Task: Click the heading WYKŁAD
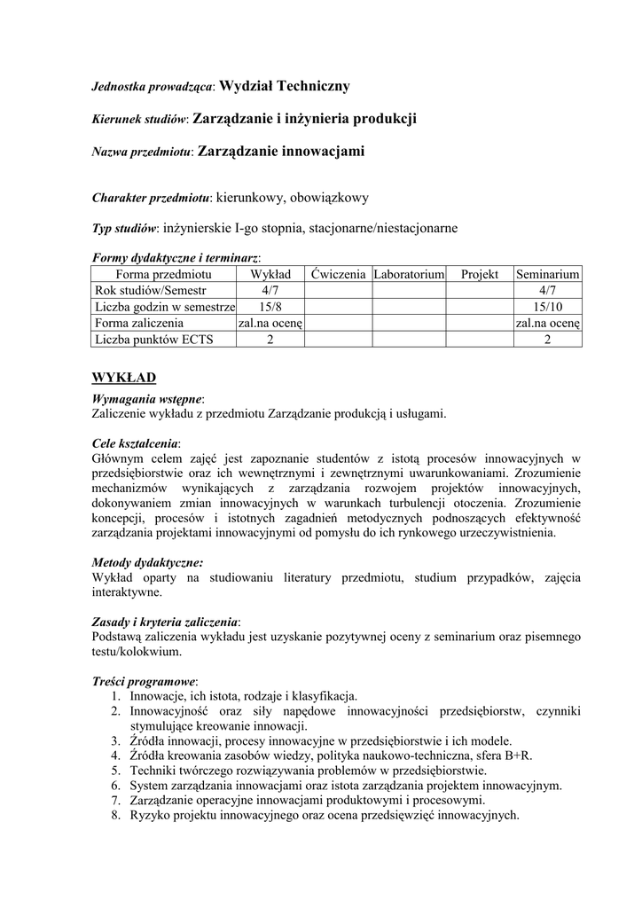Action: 124,378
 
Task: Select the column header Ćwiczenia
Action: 338,275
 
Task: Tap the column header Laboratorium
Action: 408,275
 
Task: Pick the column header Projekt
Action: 480,275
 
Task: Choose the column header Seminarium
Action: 548,275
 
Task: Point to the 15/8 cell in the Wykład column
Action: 270,307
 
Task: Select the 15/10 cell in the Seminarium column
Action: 548,307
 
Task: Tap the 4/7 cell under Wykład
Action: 270,291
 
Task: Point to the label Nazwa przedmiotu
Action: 142,153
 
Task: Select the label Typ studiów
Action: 125,229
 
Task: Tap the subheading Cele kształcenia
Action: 136,442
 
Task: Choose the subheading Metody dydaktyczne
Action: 147,562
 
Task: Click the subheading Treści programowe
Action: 145,681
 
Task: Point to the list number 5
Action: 115,770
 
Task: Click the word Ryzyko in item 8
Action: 150,815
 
